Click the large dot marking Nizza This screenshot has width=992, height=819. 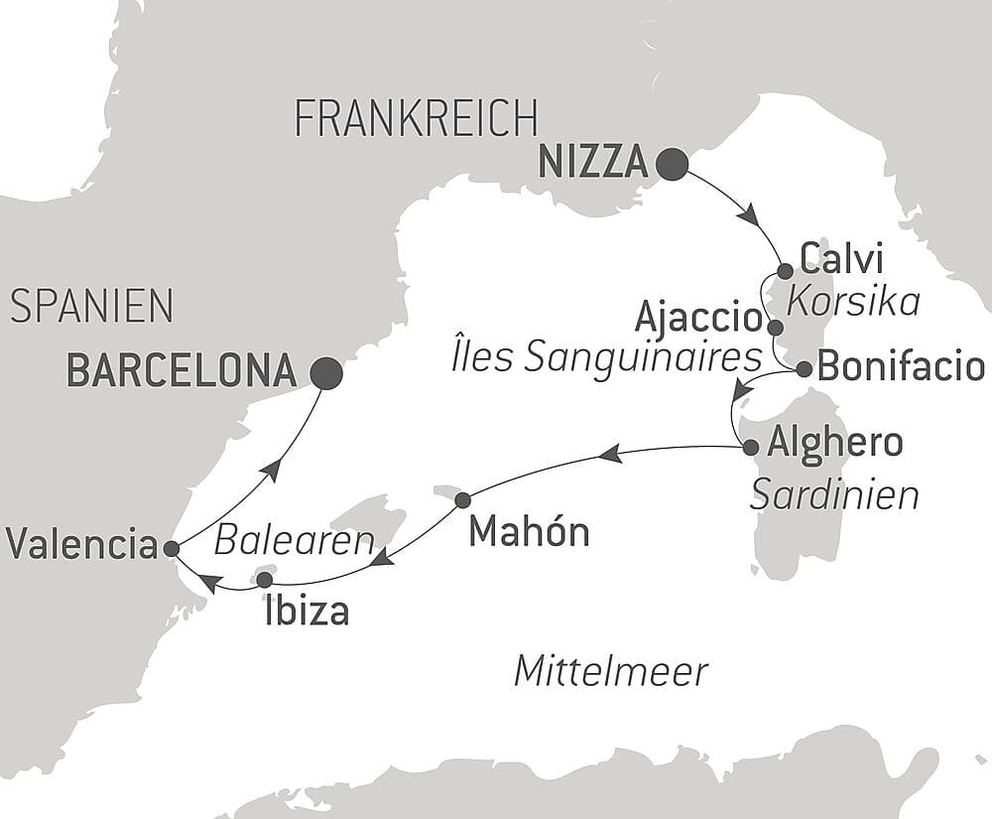[673, 165]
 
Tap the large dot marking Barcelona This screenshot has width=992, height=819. [326, 373]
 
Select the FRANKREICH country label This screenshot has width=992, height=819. [417, 119]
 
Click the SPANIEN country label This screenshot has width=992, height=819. [91, 307]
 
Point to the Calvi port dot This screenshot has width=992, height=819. [785, 271]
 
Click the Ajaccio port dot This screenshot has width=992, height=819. [775, 327]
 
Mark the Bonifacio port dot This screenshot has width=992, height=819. [805, 369]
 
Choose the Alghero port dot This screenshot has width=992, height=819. [751, 447]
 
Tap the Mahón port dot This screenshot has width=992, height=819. [461, 501]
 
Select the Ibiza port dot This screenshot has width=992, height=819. [264, 579]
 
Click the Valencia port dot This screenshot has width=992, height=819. [171, 548]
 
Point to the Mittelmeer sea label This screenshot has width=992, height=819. [611, 672]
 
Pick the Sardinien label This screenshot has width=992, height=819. [834, 494]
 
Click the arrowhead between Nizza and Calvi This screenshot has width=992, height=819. [749, 213]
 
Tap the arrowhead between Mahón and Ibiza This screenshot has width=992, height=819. [381, 561]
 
